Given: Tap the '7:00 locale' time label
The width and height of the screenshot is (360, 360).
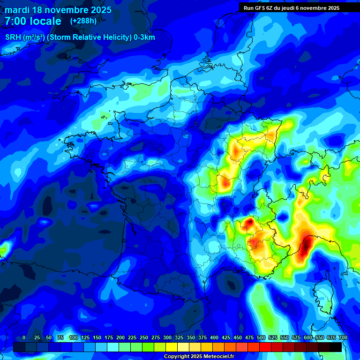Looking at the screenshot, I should point(33,21).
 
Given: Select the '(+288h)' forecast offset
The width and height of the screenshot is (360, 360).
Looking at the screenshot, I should point(83,21).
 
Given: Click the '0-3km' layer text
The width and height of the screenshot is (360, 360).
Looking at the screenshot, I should point(144,37).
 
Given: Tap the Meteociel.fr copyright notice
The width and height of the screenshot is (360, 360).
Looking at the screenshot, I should point(198,357).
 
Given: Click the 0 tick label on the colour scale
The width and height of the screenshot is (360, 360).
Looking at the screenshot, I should point(24,337).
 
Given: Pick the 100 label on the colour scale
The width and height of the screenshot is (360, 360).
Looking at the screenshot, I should point(74,337).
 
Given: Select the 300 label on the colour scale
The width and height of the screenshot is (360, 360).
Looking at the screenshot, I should point(167,337).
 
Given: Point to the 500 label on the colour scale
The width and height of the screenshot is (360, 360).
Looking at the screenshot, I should point(261,337).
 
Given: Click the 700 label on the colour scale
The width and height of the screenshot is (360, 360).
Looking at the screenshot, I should point(343,337).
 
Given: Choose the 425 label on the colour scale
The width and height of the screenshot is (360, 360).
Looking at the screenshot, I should point(226,337).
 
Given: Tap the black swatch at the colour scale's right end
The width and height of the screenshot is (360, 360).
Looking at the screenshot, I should point(336,347).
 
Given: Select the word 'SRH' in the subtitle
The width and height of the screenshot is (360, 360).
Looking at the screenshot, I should point(13,37).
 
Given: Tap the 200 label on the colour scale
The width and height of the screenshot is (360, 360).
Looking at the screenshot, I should point(120,337).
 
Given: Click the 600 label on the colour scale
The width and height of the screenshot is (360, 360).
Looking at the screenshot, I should point(308,337).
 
